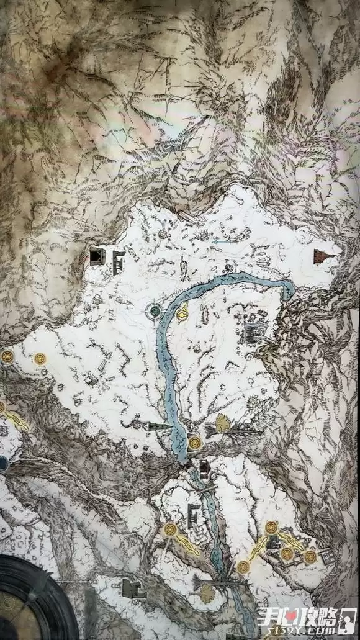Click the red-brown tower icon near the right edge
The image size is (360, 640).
click(x=320, y=256)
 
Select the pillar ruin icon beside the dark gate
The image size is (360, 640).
click(x=116, y=263)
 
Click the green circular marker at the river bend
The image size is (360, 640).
click(x=154, y=309)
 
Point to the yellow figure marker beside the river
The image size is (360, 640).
click(x=182, y=314)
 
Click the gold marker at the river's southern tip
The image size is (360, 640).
click(x=195, y=443)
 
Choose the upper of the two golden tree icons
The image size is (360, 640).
click(x=222, y=424)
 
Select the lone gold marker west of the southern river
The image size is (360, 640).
click(x=170, y=530)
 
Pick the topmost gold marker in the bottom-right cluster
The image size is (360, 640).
click(x=271, y=528)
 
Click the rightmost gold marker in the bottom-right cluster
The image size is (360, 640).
click(x=310, y=557)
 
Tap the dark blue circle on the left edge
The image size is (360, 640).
click(x=3, y=462)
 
